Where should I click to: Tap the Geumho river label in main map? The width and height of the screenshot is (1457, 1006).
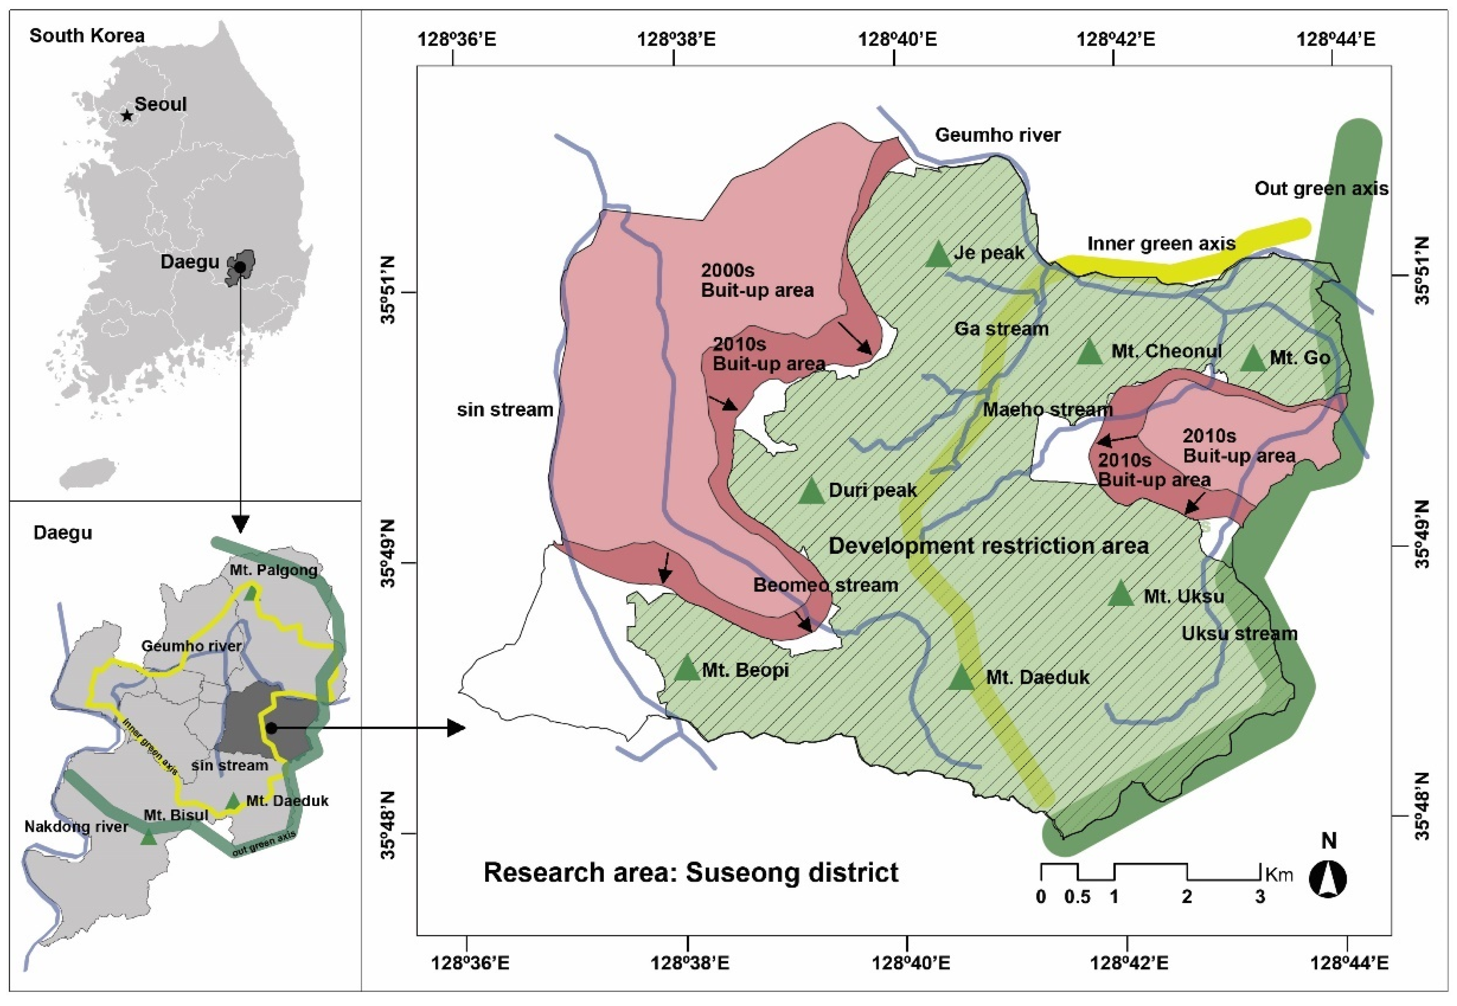[x=998, y=135]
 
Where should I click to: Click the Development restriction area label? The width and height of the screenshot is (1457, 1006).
[x=988, y=545]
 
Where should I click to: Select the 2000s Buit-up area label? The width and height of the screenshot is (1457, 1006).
[x=757, y=281]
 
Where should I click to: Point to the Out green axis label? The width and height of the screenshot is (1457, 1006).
[x=1321, y=189]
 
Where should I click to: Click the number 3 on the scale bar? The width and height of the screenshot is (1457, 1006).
[x=1259, y=897]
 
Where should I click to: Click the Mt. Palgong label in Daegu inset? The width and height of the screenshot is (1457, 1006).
[x=273, y=570]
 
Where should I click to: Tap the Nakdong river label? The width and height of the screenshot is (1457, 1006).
[x=76, y=827]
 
